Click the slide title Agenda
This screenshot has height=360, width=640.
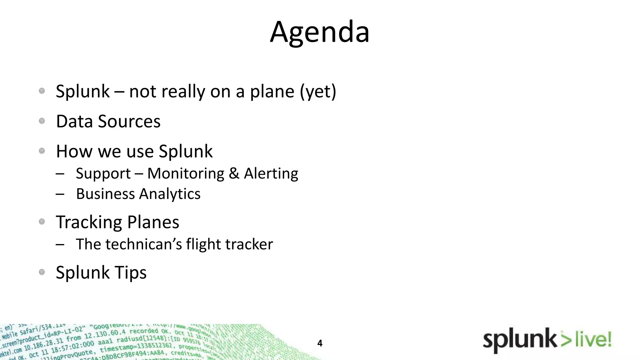(320, 32)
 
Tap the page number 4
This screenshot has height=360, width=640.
(320, 343)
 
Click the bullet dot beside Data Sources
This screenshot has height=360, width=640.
(42, 121)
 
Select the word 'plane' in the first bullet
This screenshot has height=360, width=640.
(272, 92)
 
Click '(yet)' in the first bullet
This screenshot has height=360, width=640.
(318, 92)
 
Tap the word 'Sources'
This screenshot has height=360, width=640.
(129, 121)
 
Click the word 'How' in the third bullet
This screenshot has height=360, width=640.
(74, 151)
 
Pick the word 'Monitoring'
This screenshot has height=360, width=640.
(186, 173)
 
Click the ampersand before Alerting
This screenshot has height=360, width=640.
(234, 173)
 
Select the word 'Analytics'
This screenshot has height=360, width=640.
(169, 194)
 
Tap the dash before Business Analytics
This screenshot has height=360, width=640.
(60, 194)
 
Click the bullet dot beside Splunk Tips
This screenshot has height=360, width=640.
(42, 272)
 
